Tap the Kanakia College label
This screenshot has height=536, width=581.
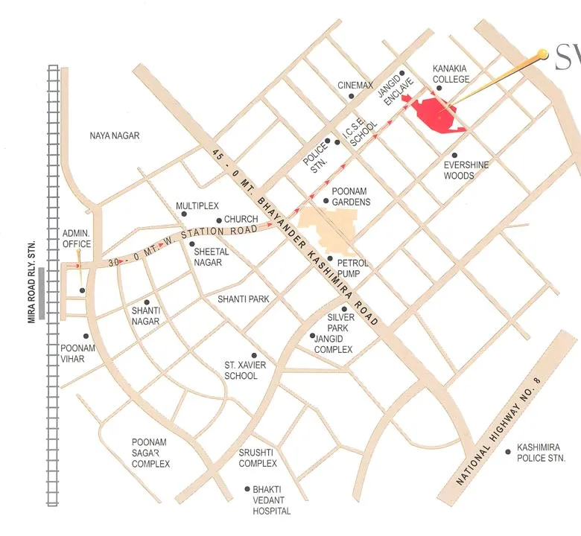pos(451,74)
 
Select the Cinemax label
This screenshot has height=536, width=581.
pos(355,86)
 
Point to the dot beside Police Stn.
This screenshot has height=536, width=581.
pos(327,141)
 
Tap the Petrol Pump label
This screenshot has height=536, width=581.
pos(353,268)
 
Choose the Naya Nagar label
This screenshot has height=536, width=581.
pos(115,135)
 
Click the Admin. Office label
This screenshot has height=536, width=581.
pos(77,239)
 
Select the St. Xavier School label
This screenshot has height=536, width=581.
pos(245,371)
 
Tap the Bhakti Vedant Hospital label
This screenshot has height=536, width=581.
pos(271,500)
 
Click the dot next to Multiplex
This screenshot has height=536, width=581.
pos(184,214)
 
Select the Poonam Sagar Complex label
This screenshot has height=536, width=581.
pos(150,453)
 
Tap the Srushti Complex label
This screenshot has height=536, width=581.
pos(258,458)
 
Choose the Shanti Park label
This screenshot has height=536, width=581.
pos(243,299)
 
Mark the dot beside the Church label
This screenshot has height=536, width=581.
pos(218,220)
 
